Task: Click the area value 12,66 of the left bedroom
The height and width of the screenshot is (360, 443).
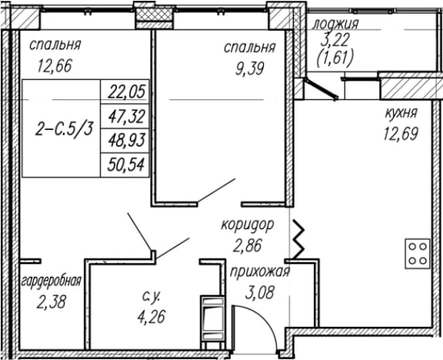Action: point(55,65)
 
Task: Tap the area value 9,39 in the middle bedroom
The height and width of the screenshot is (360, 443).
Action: point(250,68)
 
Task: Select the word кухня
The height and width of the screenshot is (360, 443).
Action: point(401,113)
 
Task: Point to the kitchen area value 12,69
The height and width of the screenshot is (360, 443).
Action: point(401,133)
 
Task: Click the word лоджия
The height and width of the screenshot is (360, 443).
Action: point(335,25)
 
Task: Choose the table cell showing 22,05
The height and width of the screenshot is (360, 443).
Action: point(125,92)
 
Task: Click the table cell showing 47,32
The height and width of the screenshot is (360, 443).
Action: point(125,116)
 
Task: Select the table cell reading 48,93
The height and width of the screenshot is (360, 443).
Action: point(125,141)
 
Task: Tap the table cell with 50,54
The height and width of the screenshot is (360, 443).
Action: point(125,165)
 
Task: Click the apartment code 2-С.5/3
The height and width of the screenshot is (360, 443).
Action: point(64,129)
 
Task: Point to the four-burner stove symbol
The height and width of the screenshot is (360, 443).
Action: point(418,254)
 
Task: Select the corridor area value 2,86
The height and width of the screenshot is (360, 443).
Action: point(247,245)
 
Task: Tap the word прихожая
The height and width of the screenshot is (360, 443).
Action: point(260,272)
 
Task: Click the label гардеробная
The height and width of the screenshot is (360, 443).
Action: point(52,282)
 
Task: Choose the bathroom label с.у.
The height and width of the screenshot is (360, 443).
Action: point(152,297)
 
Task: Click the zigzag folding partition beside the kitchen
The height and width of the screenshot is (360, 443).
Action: point(299,239)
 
